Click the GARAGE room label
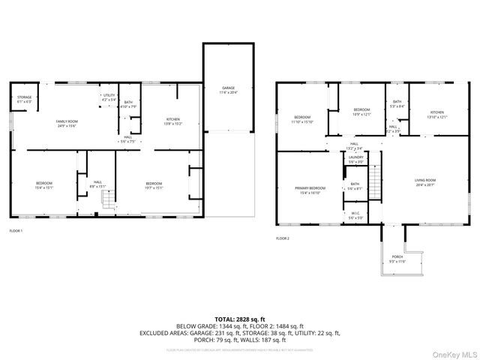point(227,89)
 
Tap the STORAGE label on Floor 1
point(24,98)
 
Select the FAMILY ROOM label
point(67,123)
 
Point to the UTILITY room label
point(109,97)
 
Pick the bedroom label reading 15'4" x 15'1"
point(44,186)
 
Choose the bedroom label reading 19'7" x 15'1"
point(154,186)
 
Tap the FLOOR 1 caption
point(16,230)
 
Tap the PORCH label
point(397,259)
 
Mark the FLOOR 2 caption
point(283,238)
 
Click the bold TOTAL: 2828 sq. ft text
point(240,319)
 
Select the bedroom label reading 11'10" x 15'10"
point(303,119)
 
